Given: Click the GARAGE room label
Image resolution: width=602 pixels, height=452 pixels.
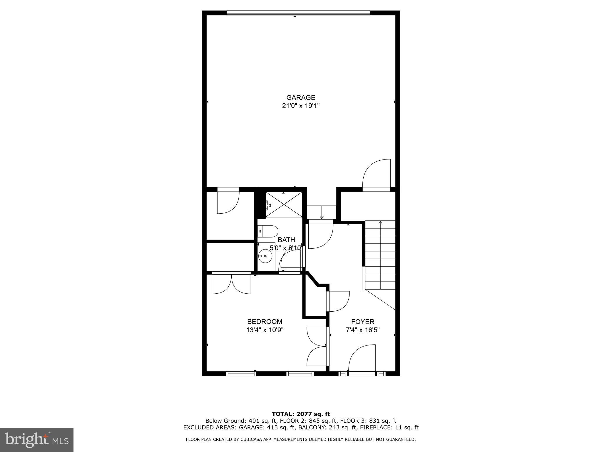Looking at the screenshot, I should click(x=301, y=97).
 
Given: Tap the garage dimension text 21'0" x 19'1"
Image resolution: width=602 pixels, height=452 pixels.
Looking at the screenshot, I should click(x=301, y=106).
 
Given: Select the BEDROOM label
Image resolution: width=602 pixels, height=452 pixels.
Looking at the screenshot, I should click(x=265, y=322).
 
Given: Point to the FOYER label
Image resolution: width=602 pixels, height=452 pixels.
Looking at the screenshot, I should click(x=363, y=322).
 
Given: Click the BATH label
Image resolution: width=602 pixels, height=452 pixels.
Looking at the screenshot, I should click(x=286, y=240).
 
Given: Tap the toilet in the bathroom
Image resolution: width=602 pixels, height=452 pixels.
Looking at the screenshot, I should click(x=268, y=232).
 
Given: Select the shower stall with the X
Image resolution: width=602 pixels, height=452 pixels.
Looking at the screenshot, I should click(x=284, y=205).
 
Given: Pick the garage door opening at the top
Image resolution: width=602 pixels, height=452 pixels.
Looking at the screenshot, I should click(x=298, y=13).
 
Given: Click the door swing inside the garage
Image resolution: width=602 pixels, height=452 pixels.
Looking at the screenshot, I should click(x=377, y=174).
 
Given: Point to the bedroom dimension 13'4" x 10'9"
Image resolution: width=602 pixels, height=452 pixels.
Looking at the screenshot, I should click(x=265, y=330).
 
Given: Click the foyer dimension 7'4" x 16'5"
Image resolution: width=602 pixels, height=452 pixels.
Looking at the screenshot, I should click(x=363, y=330).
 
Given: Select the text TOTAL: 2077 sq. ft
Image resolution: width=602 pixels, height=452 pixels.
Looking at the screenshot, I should click(x=301, y=414).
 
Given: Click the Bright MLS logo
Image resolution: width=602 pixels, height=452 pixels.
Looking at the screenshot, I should click(x=37, y=440).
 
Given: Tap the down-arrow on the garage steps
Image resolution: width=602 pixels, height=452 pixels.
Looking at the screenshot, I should click(x=322, y=213).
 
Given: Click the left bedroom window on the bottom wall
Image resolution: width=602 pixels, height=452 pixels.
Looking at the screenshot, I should click(x=241, y=374).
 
